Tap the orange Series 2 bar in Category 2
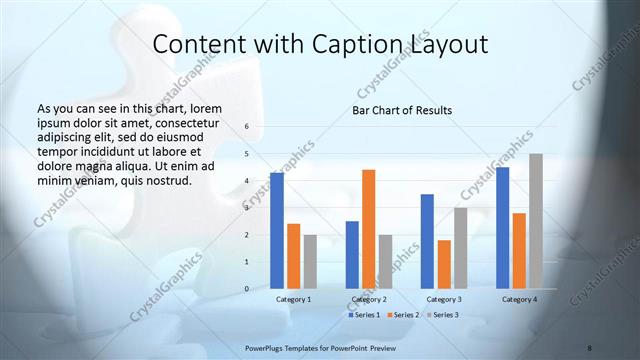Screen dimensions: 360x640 pyautogui.click(x=368, y=229)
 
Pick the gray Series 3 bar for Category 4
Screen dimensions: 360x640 pyautogui.click(x=536, y=221)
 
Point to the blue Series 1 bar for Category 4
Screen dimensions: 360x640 pyautogui.click(x=502, y=227)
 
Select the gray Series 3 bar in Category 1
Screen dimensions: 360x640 pyautogui.click(x=310, y=261)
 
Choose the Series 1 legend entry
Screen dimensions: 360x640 pyautogui.click(x=363, y=315)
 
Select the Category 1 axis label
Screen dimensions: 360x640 pyautogui.click(x=293, y=299)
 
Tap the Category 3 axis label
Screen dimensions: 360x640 pyautogui.click(x=444, y=299)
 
